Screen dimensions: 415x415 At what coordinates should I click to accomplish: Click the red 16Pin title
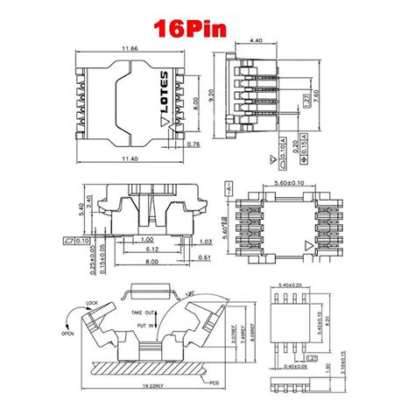coord(190,28)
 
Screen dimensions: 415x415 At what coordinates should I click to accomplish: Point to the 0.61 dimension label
coord(203,257)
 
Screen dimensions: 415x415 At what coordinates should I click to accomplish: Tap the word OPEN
coord(67,333)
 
